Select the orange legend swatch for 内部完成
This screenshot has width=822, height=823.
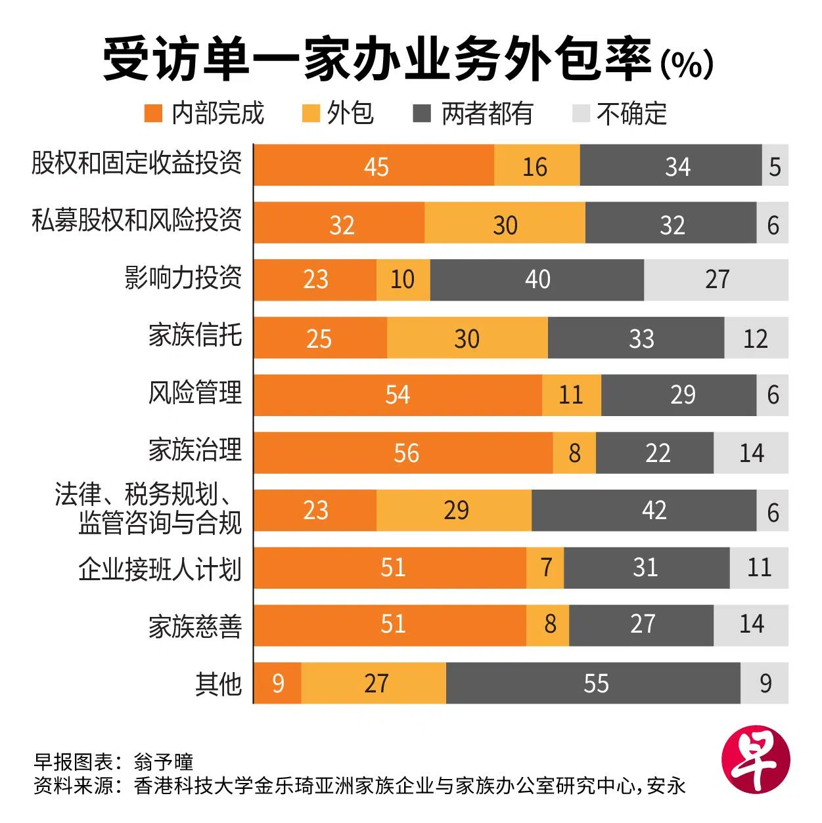pos(153,114)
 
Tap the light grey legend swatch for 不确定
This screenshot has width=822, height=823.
pos(581,114)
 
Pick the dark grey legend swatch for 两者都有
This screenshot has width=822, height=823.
pos(421,114)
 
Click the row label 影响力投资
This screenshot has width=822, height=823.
pos(183,278)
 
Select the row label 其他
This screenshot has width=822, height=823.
pos(218,684)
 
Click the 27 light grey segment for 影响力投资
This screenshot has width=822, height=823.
pos(716,280)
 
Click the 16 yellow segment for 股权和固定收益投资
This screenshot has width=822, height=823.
pos(536,166)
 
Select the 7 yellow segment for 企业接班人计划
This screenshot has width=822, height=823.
pos(545,568)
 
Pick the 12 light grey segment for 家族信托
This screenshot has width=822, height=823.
pos(756,338)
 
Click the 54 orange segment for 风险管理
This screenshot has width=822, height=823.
pos(398,395)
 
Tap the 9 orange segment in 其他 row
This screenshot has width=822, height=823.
pos(278,683)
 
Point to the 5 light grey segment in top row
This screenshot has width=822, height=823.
pos(775,166)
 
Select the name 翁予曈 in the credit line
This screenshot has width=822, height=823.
pos(164,762)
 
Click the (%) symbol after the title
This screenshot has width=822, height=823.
pos(687,64)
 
